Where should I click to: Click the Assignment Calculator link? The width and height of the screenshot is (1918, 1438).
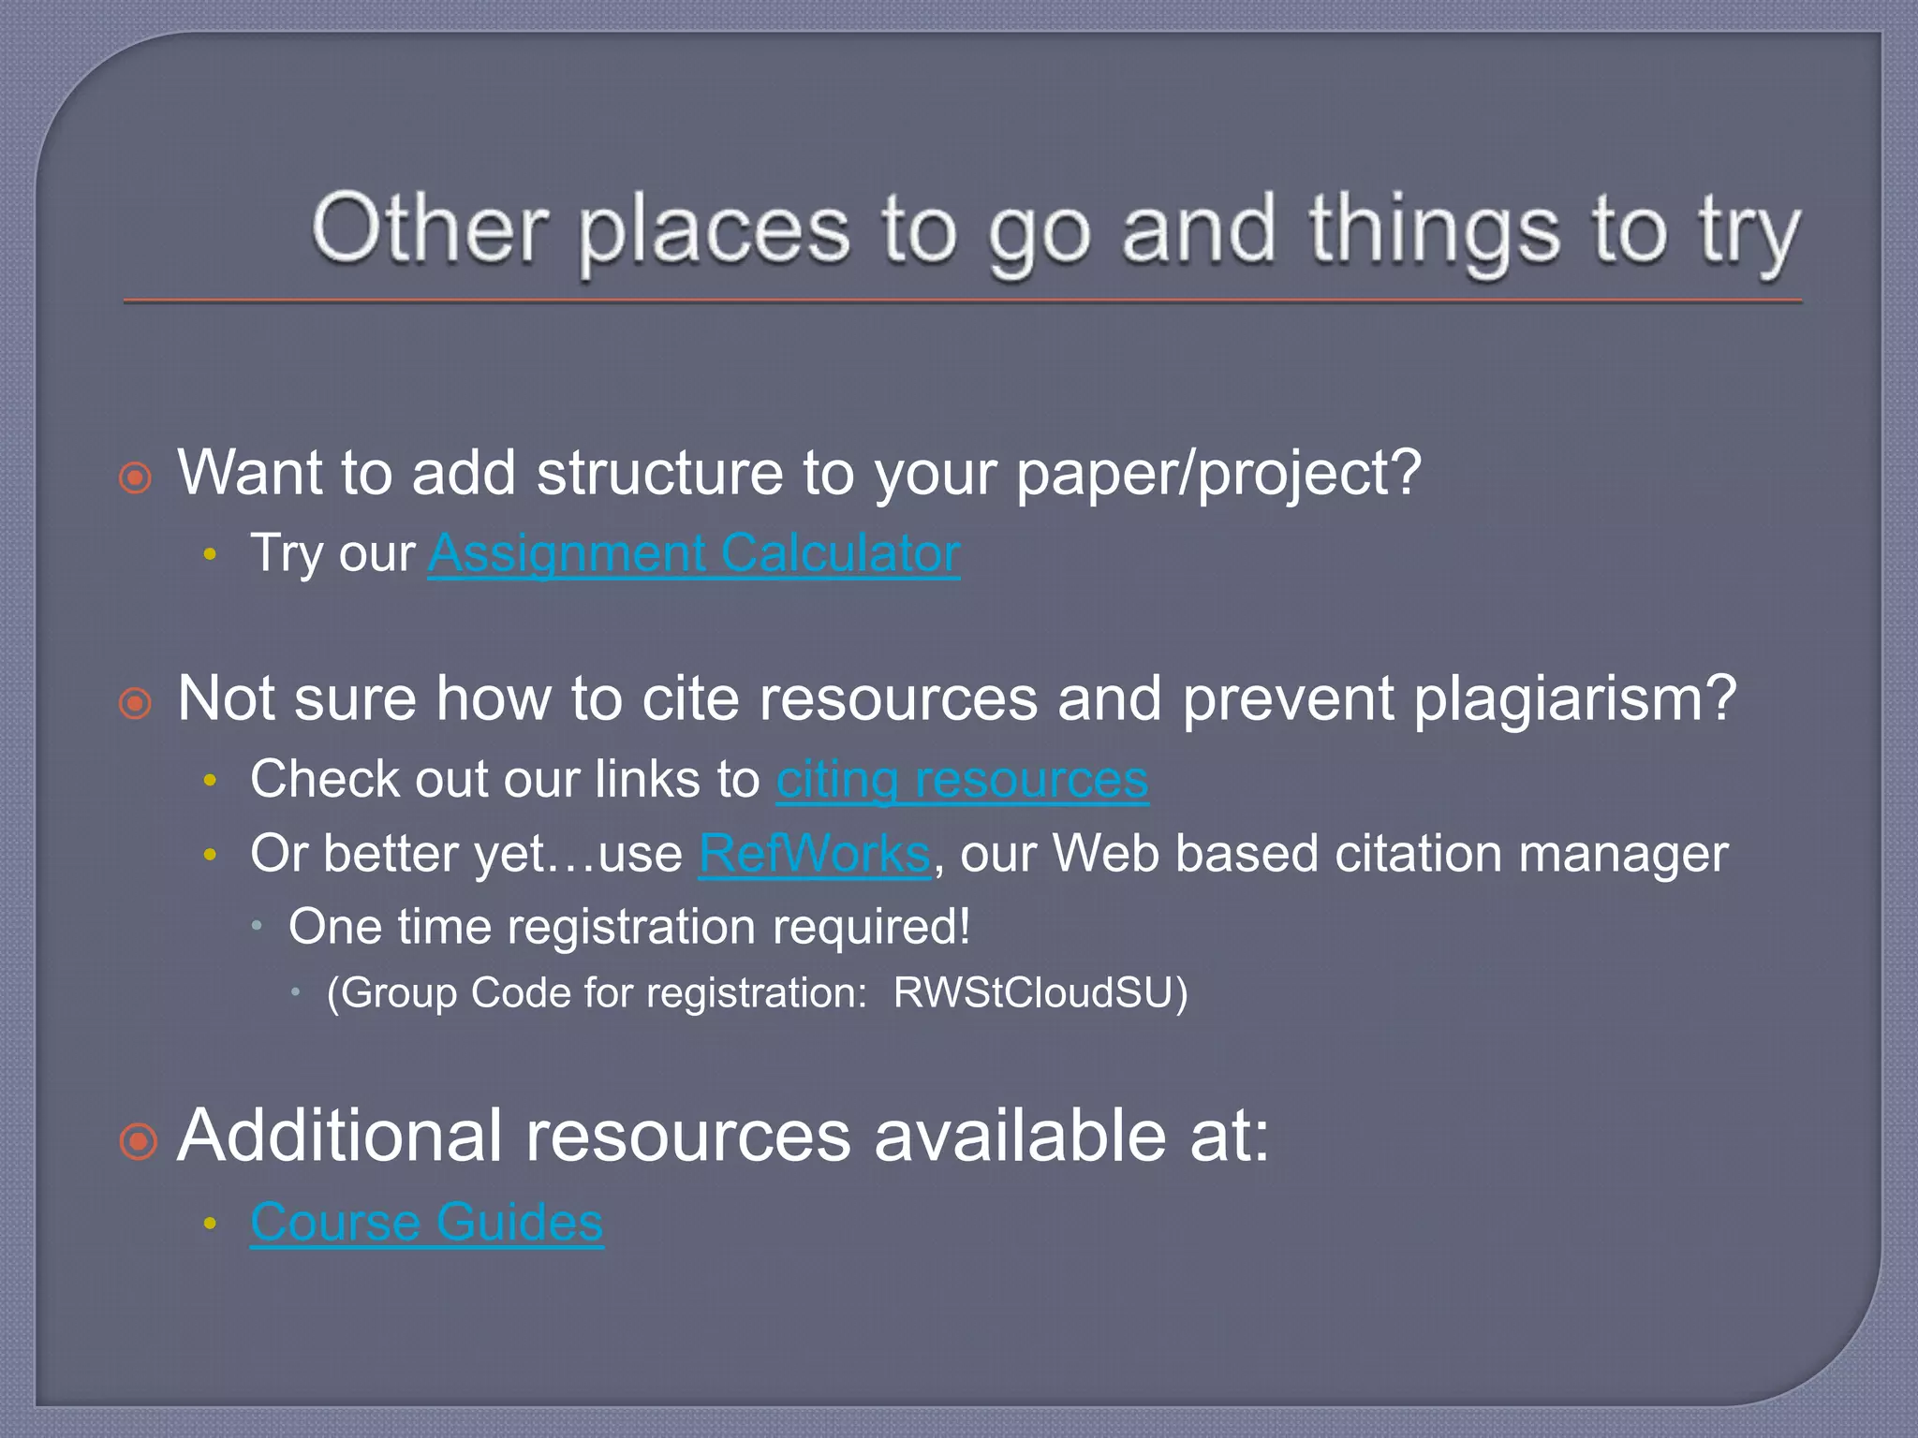coord(694,553)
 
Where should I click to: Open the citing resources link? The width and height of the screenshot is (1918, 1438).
coord(962,779)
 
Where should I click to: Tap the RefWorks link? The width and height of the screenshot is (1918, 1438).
coord(815,854)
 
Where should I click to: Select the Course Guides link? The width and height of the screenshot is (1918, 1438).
coord(427,1222)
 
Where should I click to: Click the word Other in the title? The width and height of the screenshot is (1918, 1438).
coord(430,230)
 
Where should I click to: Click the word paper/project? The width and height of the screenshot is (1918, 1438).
coord(1217,473)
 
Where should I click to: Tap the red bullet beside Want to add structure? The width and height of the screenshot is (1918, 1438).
coord(136,477)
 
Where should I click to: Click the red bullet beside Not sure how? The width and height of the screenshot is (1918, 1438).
coord(136,703)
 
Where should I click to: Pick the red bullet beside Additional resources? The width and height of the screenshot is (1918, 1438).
coord(139,1141)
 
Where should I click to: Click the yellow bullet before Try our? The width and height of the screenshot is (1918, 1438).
coord(210,555)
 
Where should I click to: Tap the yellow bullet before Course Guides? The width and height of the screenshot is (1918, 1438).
coord(210,1224)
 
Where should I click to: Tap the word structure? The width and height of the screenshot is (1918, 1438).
coord(659,473)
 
